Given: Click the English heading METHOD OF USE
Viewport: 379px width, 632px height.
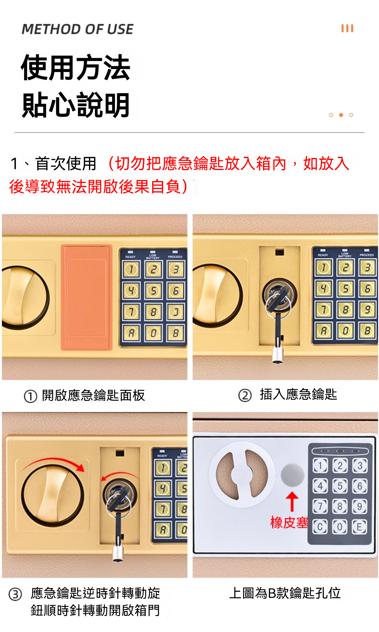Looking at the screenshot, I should (77, 29).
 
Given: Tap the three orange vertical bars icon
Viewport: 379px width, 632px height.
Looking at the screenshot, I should (347, 28).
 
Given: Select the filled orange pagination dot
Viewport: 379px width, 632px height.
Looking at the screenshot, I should (341, 115).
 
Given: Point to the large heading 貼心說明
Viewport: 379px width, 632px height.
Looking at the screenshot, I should (76, 105).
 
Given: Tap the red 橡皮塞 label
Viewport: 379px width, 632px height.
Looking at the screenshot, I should (289, 523).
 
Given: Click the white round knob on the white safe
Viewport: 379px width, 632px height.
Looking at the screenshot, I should (242, 475).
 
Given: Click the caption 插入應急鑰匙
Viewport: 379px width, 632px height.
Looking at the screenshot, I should (298, 395).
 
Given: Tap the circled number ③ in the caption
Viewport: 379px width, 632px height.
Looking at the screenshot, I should (15, 594).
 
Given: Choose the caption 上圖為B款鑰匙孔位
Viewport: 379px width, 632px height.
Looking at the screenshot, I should (285, 593).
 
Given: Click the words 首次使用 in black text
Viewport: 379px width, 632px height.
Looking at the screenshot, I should (66, 163).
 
